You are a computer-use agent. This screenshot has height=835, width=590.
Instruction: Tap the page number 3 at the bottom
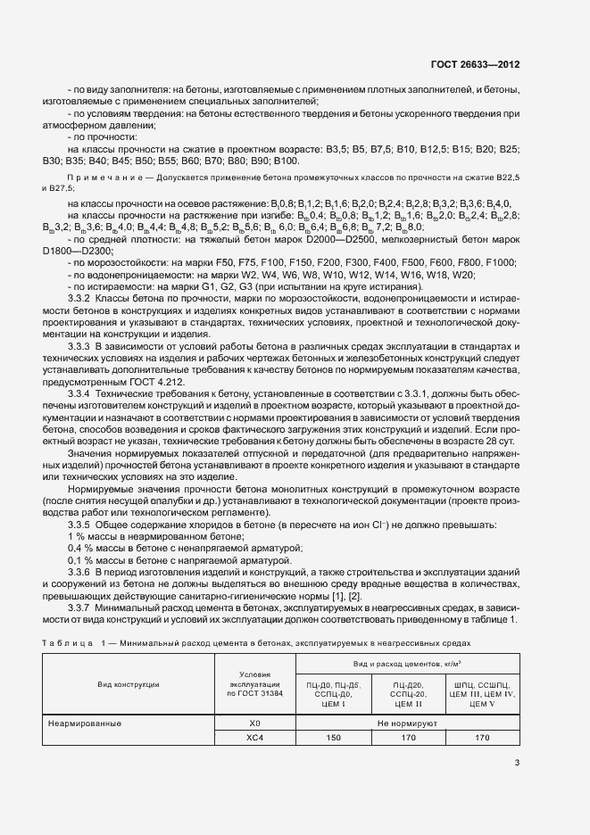click(x=517, y=762)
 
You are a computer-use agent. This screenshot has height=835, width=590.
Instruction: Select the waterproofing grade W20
click(x=463, y=300)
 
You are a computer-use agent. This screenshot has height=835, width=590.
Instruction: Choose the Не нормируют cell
click(x=405, y=723)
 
